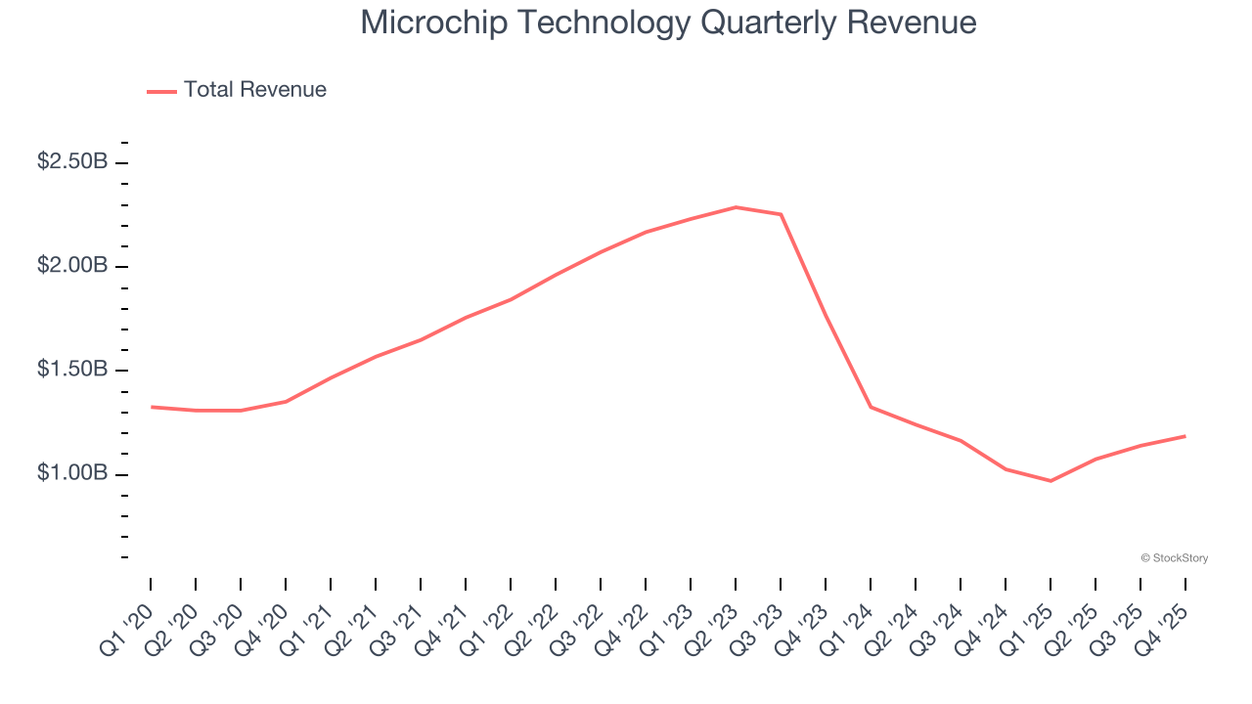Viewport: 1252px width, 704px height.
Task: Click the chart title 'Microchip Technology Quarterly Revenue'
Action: (668, 22)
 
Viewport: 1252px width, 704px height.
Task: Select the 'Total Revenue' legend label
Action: (254, 90)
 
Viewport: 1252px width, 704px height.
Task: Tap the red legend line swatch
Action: (161, 91)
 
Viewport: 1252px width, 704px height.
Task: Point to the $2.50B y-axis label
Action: (72, 161)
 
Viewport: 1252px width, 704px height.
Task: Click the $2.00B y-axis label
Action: (72, 266)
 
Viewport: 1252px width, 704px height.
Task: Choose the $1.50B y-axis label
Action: (72, 370)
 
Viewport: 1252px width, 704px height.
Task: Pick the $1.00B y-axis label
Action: (72, 473)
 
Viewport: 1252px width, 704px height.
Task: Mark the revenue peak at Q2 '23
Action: (736, 207)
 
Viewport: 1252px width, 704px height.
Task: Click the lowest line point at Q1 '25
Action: (1051, 481)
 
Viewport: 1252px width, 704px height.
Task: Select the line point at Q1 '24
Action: (871, 407)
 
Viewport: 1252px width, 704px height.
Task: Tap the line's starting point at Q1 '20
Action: (151, 407)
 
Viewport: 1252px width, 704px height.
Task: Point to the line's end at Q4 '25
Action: (1185, 436)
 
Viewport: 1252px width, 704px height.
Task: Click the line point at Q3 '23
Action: (781, 214)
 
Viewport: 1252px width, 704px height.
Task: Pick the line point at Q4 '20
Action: (286, 401)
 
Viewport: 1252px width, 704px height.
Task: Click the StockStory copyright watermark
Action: (1174, 558)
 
